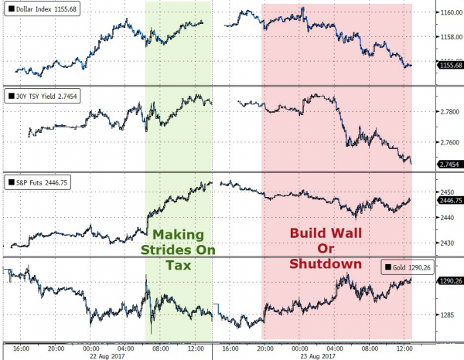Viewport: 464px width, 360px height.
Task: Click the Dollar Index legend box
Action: click(x=42, y=8)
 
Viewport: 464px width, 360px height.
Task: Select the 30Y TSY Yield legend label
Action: click(x=43, y=96)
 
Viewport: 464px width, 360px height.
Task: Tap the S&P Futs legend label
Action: click(x=38, y=182)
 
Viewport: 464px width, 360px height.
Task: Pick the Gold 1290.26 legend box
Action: click(x=408, y=267)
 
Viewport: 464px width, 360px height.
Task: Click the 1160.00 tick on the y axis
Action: click(x=452, y=12)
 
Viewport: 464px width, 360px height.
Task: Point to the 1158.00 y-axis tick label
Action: click(x=452, y=37)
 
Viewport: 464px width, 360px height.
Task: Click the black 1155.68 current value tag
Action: click(x=450, y=65)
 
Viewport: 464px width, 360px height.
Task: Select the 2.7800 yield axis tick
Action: click(x=450, y=112)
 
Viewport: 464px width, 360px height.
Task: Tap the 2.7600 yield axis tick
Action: click(x=450, y=142)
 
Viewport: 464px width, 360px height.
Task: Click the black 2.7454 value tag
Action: click(x=449, y=165)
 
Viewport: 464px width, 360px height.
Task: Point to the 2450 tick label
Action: click(x=447, y=192)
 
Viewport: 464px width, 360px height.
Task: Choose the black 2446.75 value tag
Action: click(x=450, y=200)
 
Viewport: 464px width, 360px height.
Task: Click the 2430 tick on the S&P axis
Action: click(x=447, y=243)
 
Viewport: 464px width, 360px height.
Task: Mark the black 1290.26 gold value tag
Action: click(x=450, y=280)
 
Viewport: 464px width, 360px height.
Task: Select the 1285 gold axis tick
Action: click(x=447, y=315)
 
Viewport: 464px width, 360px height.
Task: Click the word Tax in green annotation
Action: click(x=178, y=265)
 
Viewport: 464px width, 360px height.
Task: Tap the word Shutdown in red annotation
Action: click(x=326, y=263)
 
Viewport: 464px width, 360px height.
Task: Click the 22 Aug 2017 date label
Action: click(x=107, y=356)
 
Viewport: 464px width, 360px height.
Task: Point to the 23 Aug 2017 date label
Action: click(x=318, y=356)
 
